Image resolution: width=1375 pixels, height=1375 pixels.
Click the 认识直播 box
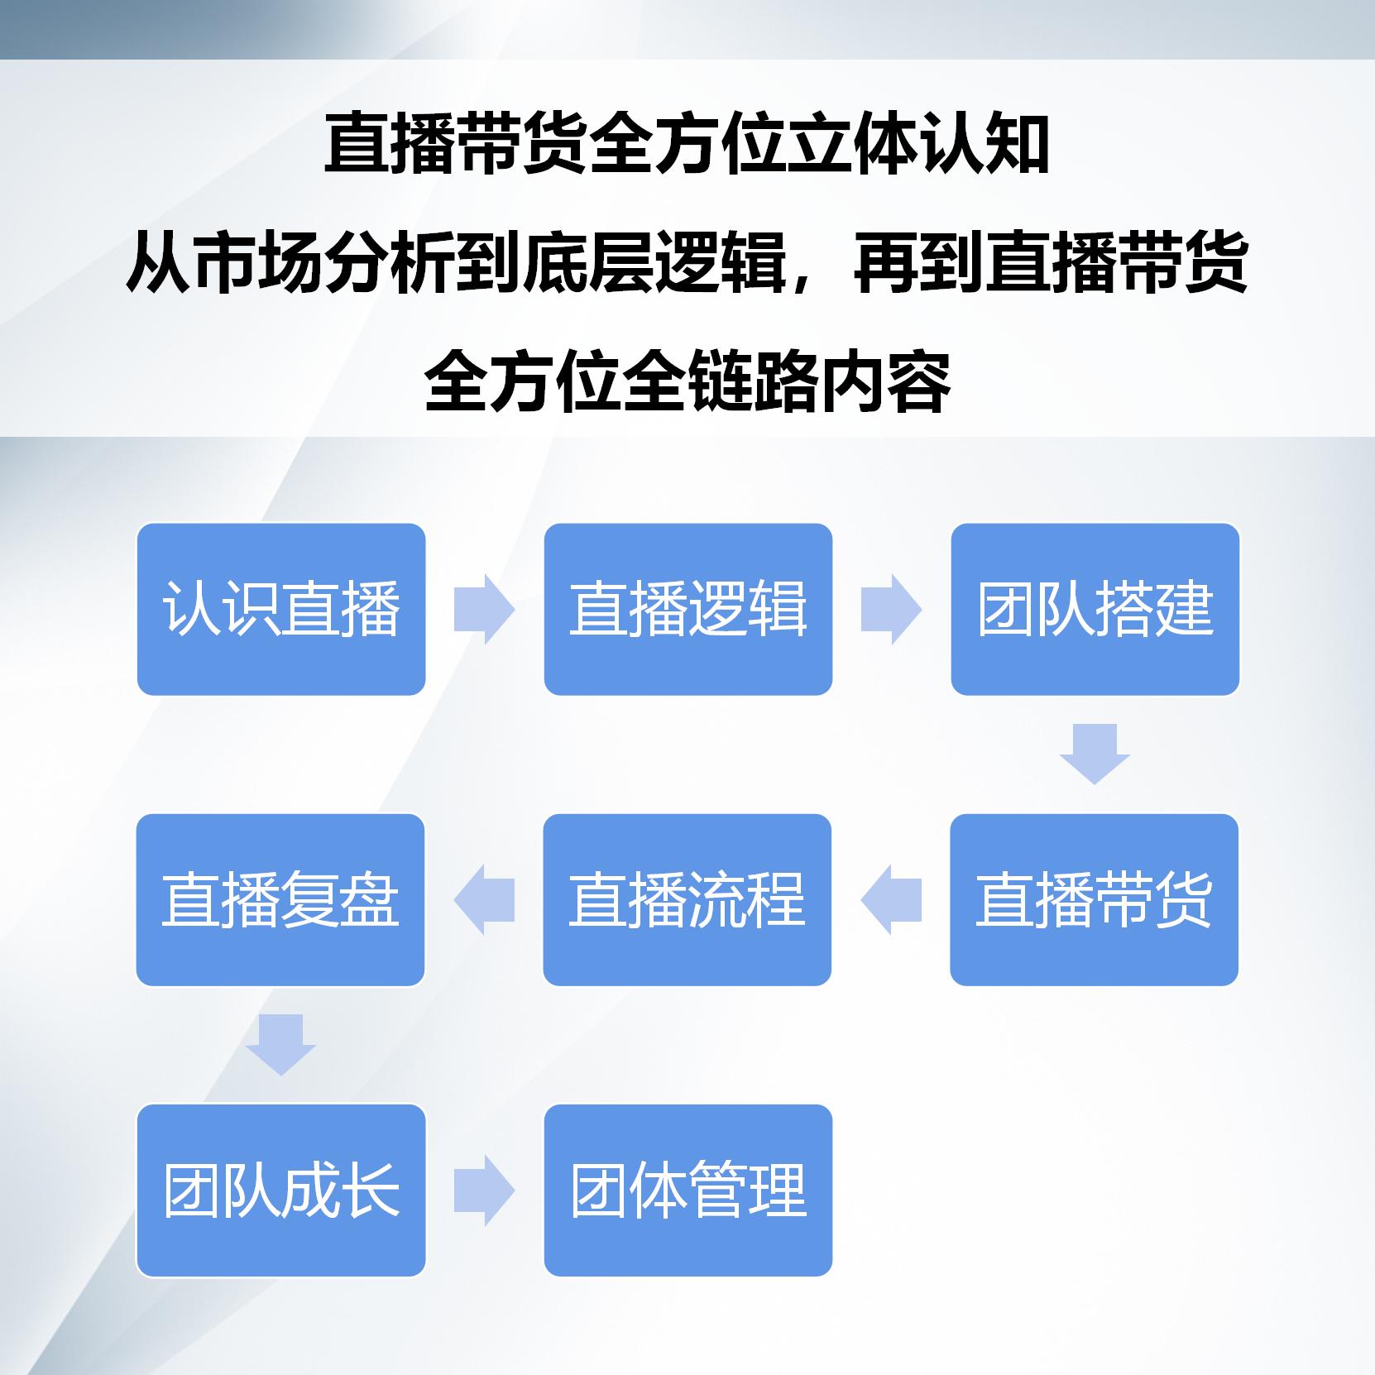tap(281, 609)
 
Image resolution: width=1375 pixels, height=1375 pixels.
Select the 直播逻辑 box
tap(688, 609)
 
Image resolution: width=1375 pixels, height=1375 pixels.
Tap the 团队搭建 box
tap(1095, 609)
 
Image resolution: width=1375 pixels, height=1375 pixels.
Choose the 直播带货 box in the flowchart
tap(1095, 899)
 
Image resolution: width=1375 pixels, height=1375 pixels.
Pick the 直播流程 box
tap(687, 899)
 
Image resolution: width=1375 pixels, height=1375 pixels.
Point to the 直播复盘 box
tap(280, 899)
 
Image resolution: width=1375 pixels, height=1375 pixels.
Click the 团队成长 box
tap(281, 1190)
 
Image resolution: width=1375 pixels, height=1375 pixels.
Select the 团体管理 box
tap(688, 1190)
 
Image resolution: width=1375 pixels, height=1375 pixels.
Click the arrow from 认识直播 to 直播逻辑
tap(485, 609)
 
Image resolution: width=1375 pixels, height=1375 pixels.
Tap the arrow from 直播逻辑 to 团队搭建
tap(892, 609)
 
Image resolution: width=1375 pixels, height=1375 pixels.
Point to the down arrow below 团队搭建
tap(1095, 754)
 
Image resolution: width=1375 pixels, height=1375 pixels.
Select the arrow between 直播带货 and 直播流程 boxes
tap(891, 899)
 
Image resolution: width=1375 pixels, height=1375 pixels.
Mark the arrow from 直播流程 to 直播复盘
tap(484, 899)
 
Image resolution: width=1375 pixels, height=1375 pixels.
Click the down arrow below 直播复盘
tap(280, 1045)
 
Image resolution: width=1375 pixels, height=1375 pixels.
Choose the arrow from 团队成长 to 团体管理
tap(485, 1190)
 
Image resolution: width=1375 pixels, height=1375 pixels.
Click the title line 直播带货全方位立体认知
tap(687, 146)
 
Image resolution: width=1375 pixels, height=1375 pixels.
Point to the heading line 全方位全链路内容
tap(687, 381)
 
